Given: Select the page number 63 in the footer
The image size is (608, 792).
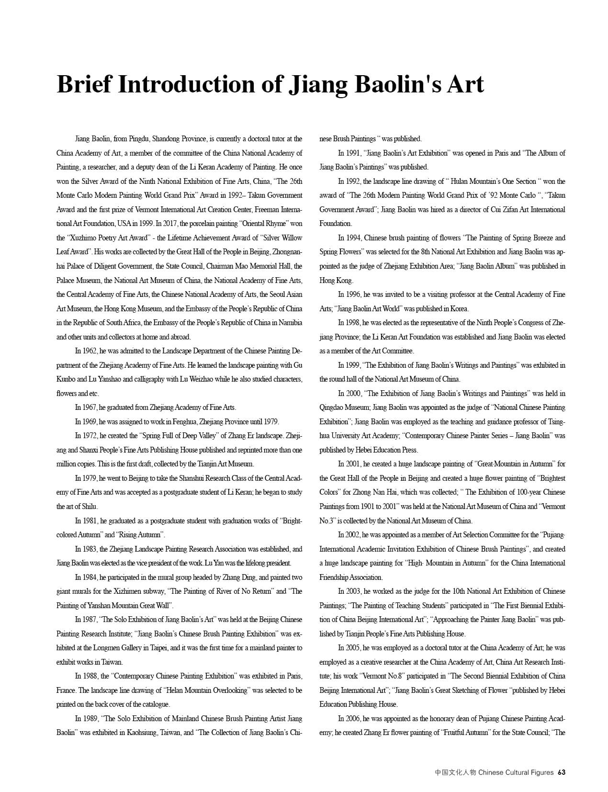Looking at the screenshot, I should click(x=562, y=772).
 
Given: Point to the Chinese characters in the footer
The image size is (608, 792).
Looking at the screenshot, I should click(x=455, y=772).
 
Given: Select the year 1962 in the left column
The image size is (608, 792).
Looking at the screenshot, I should click(x=90, y=351).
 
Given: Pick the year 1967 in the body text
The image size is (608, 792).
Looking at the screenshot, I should click(x=90, y=407).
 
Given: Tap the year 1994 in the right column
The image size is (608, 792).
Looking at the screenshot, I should click(x=353, y=238).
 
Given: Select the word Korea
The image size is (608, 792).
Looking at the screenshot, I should click(x=460, y=308).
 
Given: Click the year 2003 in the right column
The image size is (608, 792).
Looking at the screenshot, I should click(x=353, y=591).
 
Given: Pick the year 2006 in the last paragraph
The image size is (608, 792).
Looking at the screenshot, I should click(x=353, y=718).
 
